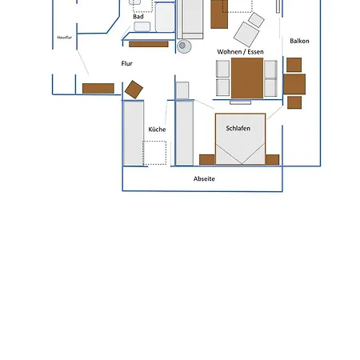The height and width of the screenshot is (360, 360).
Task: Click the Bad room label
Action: click(138, 17)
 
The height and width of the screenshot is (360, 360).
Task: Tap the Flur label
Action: click(126, 63)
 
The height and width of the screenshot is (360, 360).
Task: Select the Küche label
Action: click(157, 130)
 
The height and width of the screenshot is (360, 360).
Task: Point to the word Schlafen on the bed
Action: click(238, 128)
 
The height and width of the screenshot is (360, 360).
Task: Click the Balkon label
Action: click(299, 41)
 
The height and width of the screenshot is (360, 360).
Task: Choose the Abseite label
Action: click(204, 178)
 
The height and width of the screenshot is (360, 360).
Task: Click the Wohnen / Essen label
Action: click(240, 52)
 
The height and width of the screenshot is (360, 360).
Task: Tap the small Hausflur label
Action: click(65, 38)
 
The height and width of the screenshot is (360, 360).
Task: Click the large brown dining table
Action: click(247, 78)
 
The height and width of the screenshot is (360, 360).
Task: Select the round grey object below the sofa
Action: click(184, 46)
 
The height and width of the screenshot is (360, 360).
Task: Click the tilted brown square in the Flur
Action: click(134, 90)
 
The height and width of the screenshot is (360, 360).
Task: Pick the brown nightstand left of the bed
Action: click(207, 160)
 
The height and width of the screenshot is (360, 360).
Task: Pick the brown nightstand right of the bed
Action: click(272, 160)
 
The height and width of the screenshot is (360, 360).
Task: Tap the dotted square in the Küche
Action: click(154, 153)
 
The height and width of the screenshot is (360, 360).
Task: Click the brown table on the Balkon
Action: click(294, 84)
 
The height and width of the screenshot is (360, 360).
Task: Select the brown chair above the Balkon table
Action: click(294, 65)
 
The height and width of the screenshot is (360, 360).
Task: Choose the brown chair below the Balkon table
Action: click(294, 102)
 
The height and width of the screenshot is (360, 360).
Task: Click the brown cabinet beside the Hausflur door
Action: click(98, 89)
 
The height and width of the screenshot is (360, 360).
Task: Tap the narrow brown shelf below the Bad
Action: click(149, 44)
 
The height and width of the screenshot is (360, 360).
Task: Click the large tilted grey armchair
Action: click(246, 34)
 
